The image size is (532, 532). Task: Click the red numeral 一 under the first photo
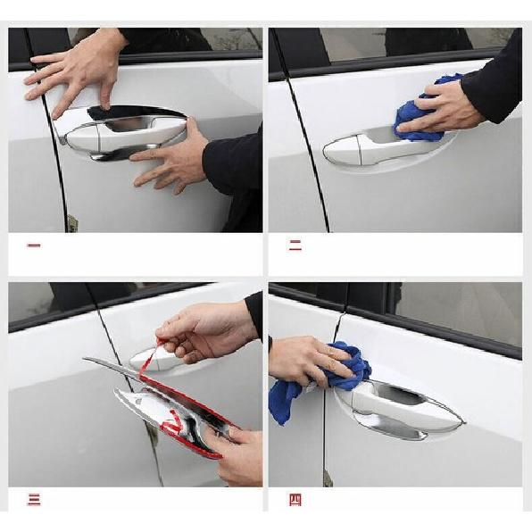tap(34, 244)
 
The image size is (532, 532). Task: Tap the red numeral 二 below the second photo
tap(295, 245)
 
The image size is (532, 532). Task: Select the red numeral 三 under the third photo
tap(34, 500)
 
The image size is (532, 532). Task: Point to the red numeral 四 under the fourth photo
tap(295, 500)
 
